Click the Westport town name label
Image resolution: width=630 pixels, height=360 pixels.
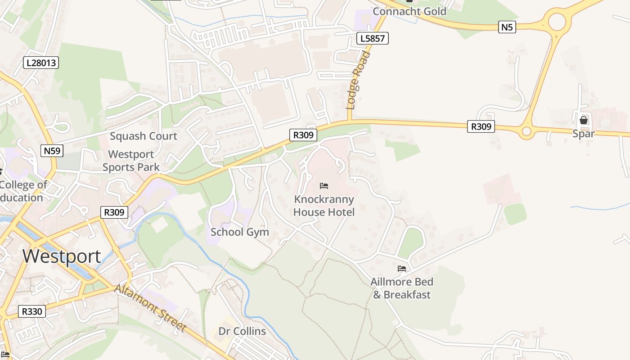click(62, 256)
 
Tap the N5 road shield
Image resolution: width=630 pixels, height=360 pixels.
click(507, 27)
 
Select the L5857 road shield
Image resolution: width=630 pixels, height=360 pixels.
click(373, 38)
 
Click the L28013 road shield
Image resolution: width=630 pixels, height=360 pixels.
click(41, 63)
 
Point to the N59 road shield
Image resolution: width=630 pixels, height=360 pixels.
click(52, 150)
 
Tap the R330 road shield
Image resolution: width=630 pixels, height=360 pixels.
click(32, 311)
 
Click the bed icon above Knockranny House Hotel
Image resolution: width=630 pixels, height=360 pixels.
click(324, 186)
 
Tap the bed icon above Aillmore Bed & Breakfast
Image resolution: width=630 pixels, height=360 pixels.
click(402, 269)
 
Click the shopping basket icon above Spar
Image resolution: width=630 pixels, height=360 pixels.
click(584, 120)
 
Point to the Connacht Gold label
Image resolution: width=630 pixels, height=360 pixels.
click(409, 11)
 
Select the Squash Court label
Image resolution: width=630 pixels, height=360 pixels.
click(144, 136)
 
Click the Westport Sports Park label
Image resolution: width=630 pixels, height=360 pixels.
click(131, 161)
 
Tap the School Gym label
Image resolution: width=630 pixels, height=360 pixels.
click(240, 232)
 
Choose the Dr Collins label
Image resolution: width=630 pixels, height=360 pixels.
click(242, 331)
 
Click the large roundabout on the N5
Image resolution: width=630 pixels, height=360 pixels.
click(556, 21)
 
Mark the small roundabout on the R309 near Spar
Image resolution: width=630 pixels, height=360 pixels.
click(526, 132)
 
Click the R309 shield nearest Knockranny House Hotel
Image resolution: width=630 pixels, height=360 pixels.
click(303, 135)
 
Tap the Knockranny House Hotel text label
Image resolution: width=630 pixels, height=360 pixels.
click(324, 206)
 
